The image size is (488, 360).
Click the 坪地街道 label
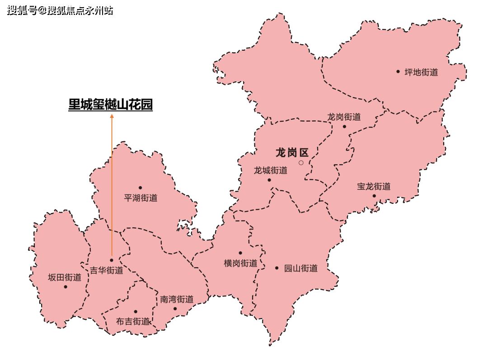[x=421, y=72]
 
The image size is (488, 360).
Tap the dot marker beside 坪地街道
[x=398, y=71]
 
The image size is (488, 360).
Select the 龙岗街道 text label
[x=344, y=117]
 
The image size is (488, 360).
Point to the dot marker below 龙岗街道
[x=344, y=126]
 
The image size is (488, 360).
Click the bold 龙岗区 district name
[x=292, y=153]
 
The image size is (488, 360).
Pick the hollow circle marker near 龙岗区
[x=301, y=163]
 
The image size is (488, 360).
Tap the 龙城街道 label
[x=271, y=170]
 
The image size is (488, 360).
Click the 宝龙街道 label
[x=374, y=186]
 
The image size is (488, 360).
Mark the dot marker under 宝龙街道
[x=374, y=196]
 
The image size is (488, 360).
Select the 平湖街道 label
[x=141, y=197]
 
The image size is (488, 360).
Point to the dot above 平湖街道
[x=140, y=187]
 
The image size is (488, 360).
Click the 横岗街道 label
[x=240, y=263]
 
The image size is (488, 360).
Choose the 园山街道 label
[x=301, y=268]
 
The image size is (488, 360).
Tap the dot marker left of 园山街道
[x=277, y=268]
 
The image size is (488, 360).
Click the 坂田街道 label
[x=65, y=277]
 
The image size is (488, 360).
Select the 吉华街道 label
[x=106, y=271]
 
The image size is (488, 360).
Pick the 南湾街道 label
[x=177, y=299]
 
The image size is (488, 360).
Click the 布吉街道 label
[x=133, y=322]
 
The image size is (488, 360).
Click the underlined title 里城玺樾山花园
[x=110, y=105]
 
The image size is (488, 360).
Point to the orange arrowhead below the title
[x=112, y=116]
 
